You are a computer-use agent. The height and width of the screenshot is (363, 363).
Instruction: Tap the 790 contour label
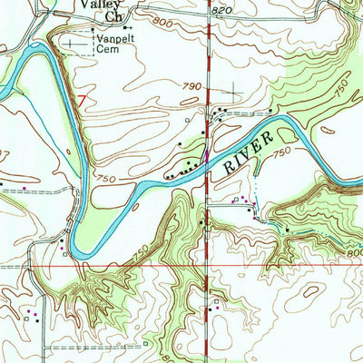pyautogui.click(x=190, y=86)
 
